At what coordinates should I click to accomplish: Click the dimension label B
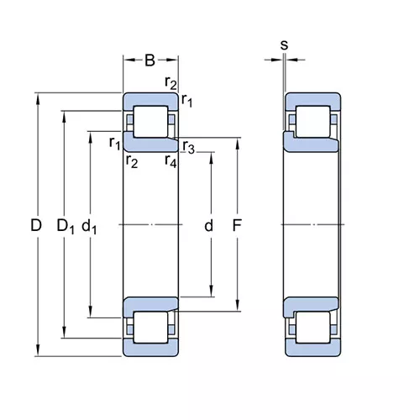(x=150, y=60)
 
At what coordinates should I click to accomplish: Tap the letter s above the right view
(x=284, y=45)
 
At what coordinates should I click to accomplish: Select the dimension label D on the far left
(x=36, y=225)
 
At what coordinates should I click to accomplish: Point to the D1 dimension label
(x=66, y=226)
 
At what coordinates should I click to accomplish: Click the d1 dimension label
(x=89, y=226)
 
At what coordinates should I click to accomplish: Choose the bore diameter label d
(x=208, y=225)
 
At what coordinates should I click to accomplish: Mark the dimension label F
(x=237, y=225)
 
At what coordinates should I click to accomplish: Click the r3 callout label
(x=188, y=147)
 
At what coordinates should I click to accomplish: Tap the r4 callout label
(x=171, y=161)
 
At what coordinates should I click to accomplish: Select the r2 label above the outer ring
(x=171, y=83)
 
